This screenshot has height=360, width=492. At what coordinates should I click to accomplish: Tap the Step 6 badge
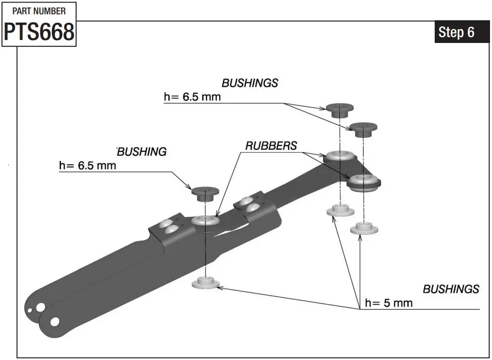pos(456,32)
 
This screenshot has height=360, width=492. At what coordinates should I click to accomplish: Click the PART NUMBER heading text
pos(39,11)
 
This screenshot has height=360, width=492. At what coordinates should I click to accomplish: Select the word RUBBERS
pos(271,146)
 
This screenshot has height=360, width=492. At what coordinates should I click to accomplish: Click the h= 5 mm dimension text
pos(388,302)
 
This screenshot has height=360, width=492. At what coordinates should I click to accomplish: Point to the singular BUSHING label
pos(142,152)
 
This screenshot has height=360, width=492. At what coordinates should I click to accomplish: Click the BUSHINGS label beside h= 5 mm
pos(451,289)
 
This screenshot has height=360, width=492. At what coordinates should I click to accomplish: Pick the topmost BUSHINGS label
pos(249,83)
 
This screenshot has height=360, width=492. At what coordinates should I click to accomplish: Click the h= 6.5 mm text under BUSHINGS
pos(192,97)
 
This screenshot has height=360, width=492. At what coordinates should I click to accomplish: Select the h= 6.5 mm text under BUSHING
pos(87,165)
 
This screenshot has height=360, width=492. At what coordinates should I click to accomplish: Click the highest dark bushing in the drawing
pos(339,110)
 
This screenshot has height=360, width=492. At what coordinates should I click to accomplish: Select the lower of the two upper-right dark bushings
pos(365,130)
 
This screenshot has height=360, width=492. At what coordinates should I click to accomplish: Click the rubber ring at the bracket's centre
pos(205,221)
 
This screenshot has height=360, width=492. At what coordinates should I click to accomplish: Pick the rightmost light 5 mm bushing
pos(364,228)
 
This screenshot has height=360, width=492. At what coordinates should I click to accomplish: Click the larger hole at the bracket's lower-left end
pos(54,321)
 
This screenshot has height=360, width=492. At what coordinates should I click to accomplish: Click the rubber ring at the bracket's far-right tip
pos(364,182)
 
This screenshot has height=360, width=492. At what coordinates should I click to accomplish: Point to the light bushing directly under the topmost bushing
pos(339,209)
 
